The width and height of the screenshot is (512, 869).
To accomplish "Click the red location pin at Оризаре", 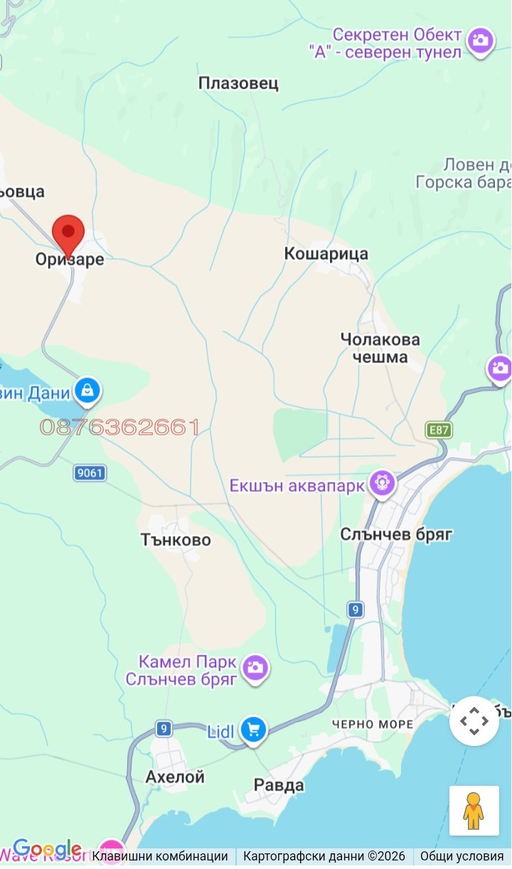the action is point(68,233).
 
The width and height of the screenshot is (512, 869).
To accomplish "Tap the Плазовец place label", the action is point(238,84).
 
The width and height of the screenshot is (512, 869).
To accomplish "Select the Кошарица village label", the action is point(326,254).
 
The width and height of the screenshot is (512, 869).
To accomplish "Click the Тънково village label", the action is point(176,540).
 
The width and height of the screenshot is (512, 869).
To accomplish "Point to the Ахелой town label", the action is point(175,777).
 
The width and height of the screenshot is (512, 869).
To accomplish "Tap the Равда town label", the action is point(279,785).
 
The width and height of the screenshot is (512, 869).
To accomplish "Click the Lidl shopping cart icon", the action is point(253,729).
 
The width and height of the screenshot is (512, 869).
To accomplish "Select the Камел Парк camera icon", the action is point(255,667).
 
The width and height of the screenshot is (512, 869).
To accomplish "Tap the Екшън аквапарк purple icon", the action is point(382,484).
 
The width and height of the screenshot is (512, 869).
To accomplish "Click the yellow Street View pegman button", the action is point(474,809).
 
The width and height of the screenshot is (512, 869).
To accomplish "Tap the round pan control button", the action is point(474,721).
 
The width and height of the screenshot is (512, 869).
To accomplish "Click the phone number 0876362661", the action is point(119,427).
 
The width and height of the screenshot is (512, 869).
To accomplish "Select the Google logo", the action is point(47,848).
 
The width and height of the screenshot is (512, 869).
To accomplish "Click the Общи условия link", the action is point(462,856).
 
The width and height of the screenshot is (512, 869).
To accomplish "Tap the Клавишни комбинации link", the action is point(160,856).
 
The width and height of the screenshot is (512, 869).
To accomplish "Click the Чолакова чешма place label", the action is point(380,348).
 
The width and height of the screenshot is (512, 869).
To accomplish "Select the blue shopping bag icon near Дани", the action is point(87,390).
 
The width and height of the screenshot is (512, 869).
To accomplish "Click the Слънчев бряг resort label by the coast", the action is point(396,534).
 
